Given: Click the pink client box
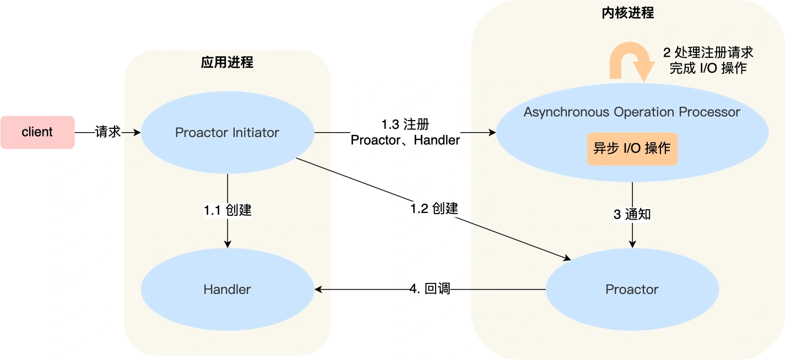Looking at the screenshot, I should (x=37, y=132).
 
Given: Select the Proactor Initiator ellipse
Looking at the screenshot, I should (x=227, y=133).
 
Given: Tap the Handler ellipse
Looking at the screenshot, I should (x=227, y=289).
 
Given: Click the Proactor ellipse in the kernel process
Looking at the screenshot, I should (x=632, y=289).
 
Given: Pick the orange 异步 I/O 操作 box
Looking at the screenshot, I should (x=632, y=149).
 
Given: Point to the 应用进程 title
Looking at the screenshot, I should (x=227, y=62).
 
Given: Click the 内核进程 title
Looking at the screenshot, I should (x=628, y=13).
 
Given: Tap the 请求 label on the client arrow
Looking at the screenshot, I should (x=107, y=132).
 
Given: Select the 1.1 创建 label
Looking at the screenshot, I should (x=227, y=210).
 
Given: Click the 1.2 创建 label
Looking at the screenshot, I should (x=434, y=209).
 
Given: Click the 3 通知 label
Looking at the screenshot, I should (x=632, y=214).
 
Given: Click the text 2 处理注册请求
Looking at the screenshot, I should (x=708, y=53).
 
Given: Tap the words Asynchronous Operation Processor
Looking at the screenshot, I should (x=632, y=112).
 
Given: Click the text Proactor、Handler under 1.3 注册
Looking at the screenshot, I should (x=405, y=140).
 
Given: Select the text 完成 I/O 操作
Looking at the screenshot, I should (x=708, y=68).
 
